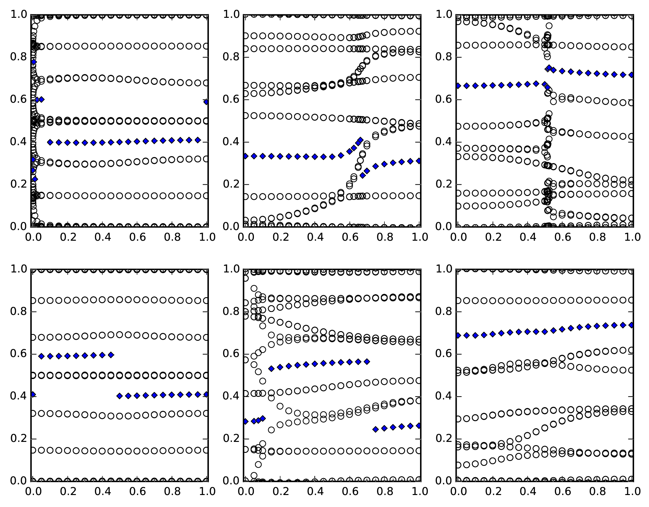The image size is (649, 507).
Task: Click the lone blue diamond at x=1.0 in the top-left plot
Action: click(x=206, y=102)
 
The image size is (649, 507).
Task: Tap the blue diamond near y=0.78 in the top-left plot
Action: click(x=33, y=62)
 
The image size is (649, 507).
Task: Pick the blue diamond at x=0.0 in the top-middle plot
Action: click(x=245, y=156)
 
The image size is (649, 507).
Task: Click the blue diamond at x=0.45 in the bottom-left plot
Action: click(x=111, y=355)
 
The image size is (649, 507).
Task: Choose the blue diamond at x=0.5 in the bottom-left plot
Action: click(x=120, y=396)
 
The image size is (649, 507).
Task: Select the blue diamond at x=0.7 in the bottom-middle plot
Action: click(x=367, y=362)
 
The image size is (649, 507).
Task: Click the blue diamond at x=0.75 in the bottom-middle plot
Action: click(x=376, y=429)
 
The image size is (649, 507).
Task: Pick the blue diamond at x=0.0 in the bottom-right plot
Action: click(x=458, y=336)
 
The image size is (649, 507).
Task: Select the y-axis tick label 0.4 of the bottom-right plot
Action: click(x=444, y=396)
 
